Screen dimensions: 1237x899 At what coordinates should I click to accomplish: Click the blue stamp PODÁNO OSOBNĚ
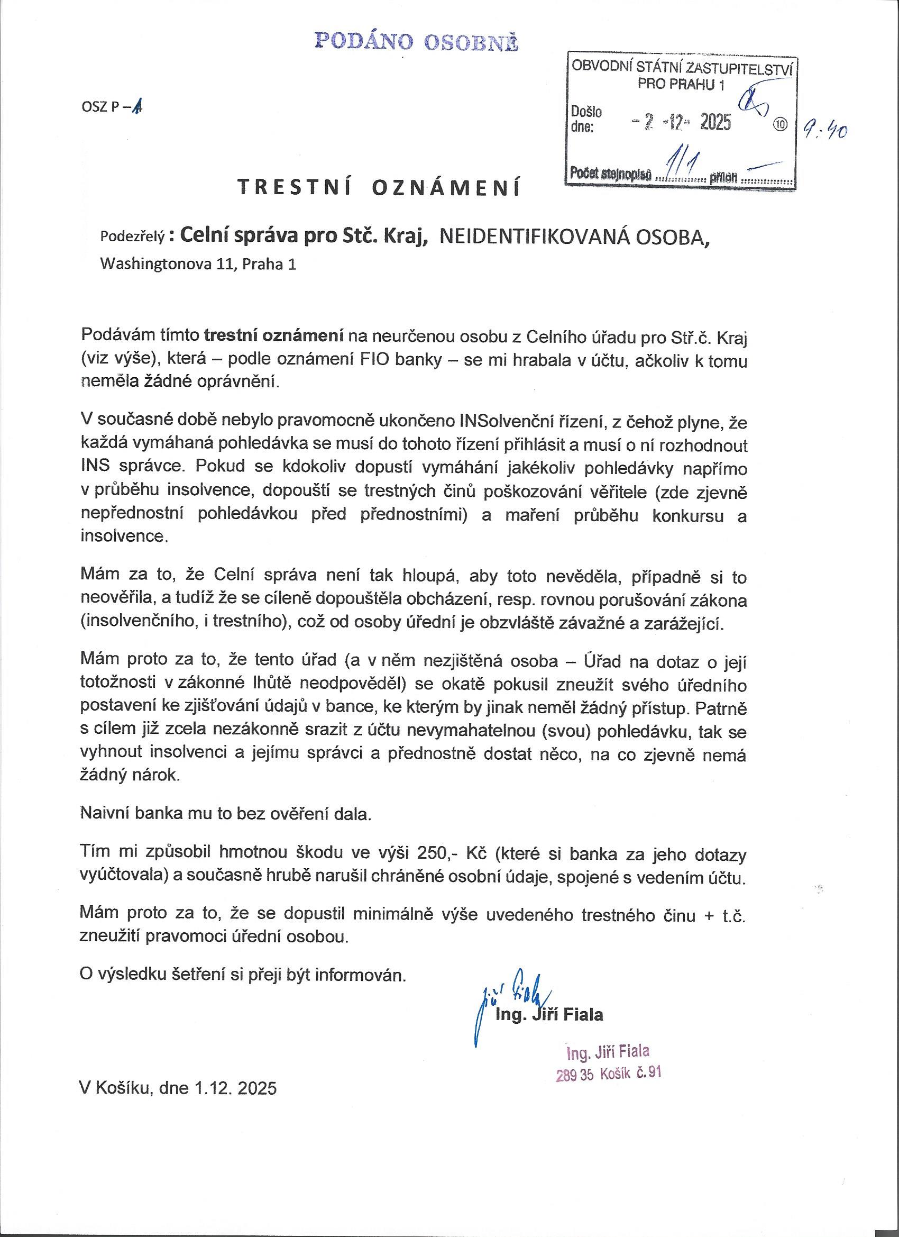(417, 42)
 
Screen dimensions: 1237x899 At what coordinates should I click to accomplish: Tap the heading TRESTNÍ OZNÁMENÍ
(379, 187)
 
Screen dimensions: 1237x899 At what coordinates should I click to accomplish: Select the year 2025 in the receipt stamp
(715, 123)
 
